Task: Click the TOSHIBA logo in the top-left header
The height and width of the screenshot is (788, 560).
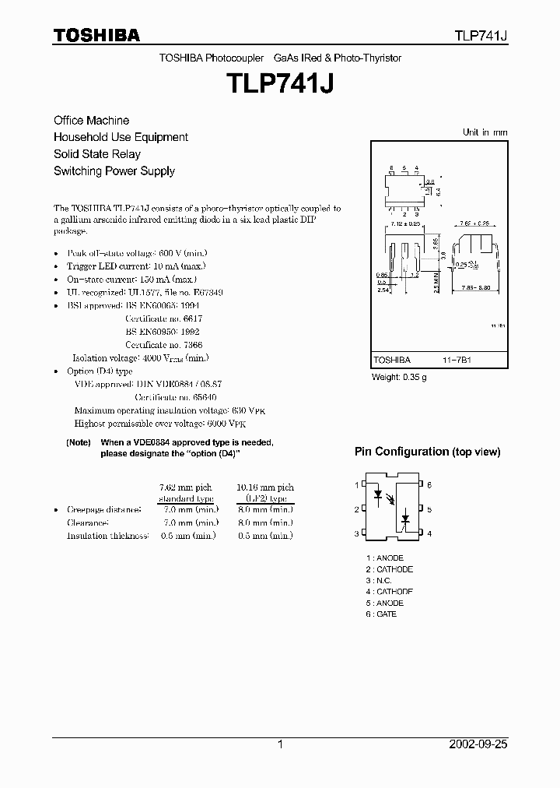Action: [x=96, y=35]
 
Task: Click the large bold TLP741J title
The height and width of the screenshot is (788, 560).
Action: [x=279, y=83]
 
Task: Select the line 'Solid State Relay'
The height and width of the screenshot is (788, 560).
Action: [x=96, y=154]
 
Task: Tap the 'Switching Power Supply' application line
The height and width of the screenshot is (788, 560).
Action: [x=114, y=171]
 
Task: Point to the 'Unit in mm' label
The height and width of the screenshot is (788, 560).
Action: [x=485, y=132]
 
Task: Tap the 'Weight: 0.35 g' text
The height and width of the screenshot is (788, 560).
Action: [x=400, y=378]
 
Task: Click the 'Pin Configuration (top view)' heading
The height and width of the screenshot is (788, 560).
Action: [x=427, y=452]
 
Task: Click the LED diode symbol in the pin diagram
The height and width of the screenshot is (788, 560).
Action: [x=380, y=494]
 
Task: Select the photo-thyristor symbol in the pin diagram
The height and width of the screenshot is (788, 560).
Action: [x=405, y=517]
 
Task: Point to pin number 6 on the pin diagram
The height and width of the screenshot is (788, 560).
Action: [x=429, y=485]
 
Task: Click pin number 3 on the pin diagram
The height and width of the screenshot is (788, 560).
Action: [x=356, y=533]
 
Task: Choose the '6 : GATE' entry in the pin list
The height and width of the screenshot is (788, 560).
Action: [x=381, y=614]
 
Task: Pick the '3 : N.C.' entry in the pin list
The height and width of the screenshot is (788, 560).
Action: [x=380, y=581]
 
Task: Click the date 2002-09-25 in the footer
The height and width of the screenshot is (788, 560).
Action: [x=478, y=744]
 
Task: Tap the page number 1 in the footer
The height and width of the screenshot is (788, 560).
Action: [x=279, y=744]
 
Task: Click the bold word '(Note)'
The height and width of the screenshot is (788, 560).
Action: [x=79, y=442]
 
